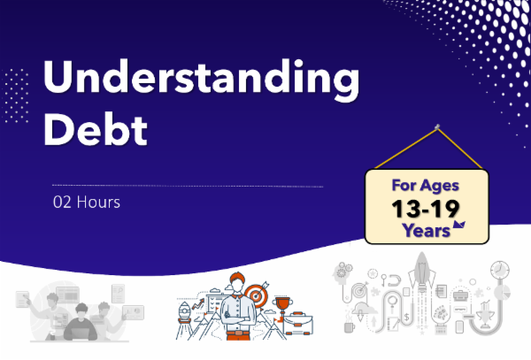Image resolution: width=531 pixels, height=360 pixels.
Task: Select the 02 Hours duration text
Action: click(x=85, y=202)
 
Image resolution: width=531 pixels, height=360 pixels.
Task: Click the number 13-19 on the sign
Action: click(x=429, y=210)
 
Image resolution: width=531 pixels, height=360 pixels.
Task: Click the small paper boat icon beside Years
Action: click(x=459, y=228)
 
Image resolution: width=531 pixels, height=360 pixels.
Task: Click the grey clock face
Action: click(x=499, y=268)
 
